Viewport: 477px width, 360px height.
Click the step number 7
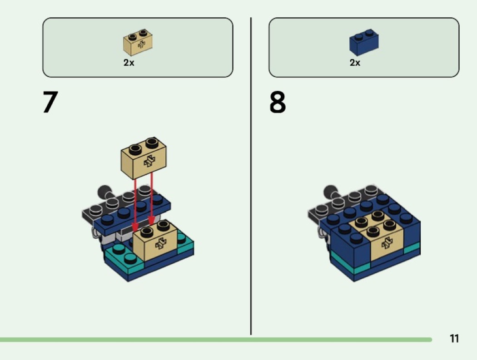[50, 102]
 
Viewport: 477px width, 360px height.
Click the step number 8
[278, 102]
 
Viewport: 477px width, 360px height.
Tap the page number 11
[454, 338]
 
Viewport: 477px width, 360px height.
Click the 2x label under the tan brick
[129, 63]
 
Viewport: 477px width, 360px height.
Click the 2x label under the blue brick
[355, 63]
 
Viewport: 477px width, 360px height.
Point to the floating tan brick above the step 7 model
[144, 158]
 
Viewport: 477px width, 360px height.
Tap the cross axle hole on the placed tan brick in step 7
[161, 243]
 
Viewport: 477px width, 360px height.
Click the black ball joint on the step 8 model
[331, 192]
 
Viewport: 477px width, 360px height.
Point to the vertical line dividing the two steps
[251, 176]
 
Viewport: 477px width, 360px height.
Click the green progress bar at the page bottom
[216, 340]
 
